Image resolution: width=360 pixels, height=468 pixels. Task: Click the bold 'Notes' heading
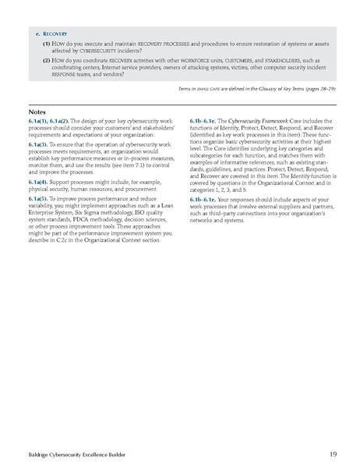point(36,112)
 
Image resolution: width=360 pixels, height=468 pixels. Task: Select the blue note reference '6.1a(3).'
point(41,145)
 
